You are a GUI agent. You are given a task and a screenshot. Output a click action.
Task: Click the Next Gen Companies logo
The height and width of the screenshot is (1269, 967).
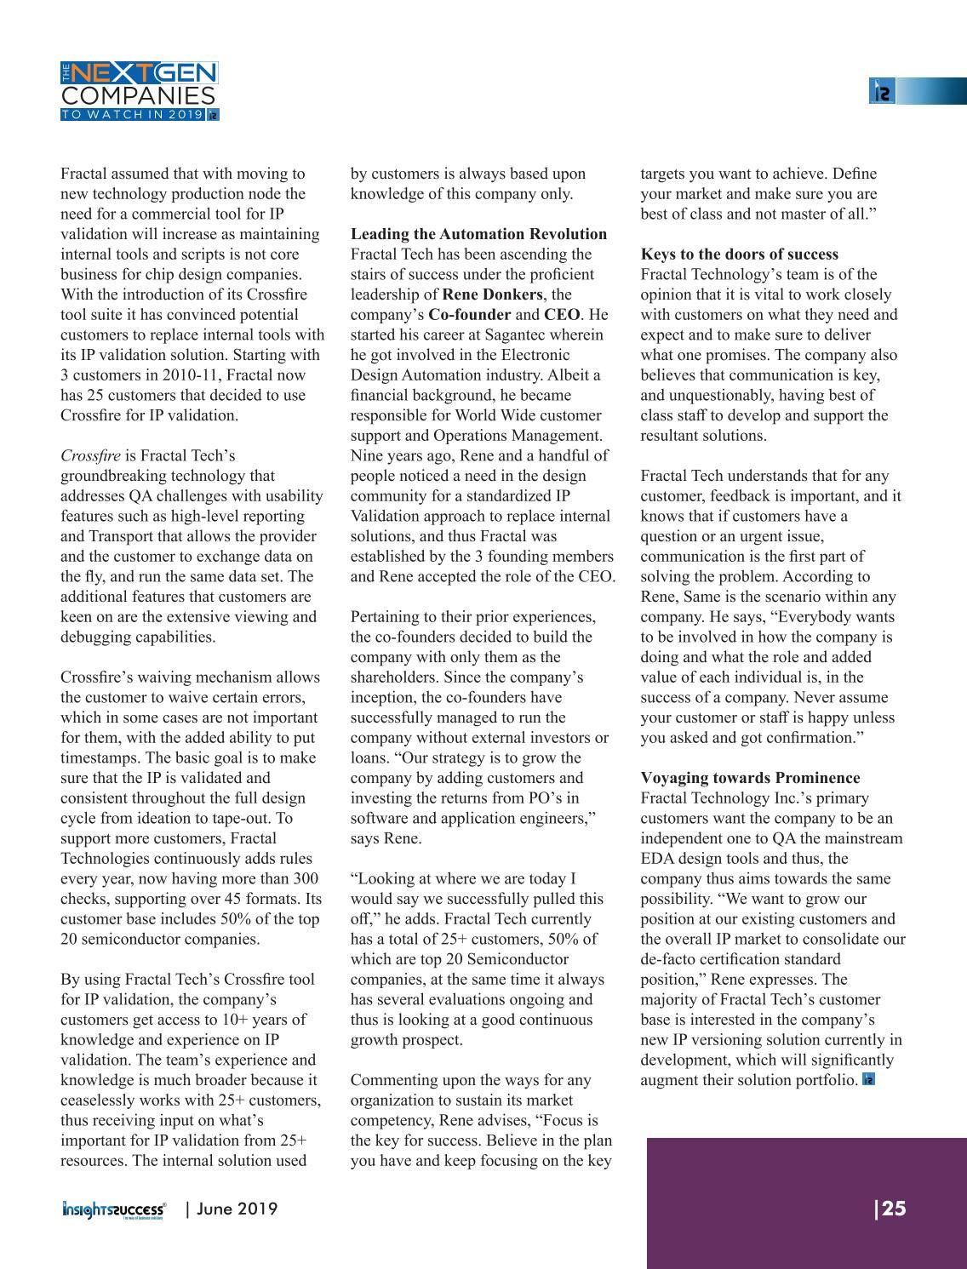[x=140, y=90]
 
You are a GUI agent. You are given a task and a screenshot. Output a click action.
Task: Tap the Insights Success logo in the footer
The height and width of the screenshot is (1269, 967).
[x=114, y=1209]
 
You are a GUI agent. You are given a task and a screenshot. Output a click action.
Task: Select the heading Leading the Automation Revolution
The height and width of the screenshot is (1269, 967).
[x=478, y=234]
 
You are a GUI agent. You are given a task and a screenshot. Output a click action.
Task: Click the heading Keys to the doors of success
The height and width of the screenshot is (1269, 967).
[x=739, y=254]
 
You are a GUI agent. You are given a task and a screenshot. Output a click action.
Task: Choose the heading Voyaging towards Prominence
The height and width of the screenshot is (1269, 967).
[x=750, y=778]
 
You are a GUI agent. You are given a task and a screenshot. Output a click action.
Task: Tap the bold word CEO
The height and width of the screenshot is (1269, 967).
[x=562, y=315]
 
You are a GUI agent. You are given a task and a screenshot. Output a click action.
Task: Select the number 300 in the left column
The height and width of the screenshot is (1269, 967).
[x=305, y=878]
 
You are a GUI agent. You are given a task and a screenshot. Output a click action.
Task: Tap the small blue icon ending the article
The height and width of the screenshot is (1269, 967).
[x=869, y=1080]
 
